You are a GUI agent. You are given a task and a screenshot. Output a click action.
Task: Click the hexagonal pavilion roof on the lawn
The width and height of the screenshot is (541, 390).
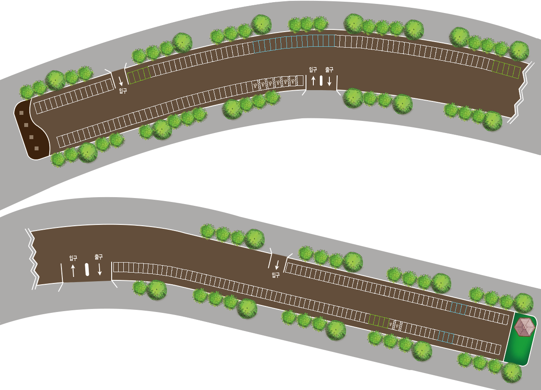click(525, 327)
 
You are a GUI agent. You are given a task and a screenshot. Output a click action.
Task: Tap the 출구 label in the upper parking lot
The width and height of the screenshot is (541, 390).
click(329, 69)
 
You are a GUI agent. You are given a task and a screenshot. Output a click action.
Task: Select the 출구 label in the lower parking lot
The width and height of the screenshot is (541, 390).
click(99, 257)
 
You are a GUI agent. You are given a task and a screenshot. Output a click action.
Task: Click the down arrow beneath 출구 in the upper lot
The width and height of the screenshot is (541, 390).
click(329, 81)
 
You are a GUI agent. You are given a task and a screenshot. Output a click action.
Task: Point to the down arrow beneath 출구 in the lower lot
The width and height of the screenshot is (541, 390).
click(100, 269)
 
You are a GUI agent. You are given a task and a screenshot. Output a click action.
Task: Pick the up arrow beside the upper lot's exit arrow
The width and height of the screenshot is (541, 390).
click(313, 81)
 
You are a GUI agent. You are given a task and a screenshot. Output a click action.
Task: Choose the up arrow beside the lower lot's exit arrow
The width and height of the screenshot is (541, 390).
click(73, 270)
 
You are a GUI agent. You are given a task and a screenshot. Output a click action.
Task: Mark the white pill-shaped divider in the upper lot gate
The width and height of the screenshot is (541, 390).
click(321, 81)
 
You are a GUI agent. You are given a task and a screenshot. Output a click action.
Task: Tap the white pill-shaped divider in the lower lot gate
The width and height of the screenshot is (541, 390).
click(87, 270)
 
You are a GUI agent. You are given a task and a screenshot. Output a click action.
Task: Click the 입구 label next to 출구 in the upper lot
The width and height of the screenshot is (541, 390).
click(313, 69)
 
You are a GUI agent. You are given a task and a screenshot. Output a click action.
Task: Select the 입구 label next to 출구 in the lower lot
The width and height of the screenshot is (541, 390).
click(73, 258)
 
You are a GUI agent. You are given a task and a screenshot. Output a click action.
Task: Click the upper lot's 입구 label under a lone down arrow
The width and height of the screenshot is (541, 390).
click(123, 91)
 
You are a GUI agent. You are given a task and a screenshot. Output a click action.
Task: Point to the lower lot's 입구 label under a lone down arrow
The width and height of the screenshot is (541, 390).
click(276, 275)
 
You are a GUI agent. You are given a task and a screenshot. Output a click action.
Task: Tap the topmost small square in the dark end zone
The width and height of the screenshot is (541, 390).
click(21, 113)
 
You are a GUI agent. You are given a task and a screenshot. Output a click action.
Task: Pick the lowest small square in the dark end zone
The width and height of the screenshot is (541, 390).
click(36, 148)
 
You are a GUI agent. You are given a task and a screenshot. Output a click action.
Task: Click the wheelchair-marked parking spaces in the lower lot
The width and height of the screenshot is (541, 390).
click(395, 324)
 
